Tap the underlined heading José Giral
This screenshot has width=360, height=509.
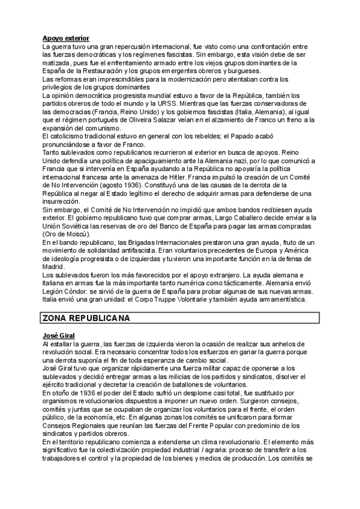tap(59, 334)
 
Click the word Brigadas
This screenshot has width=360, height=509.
tap(134, 242)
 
